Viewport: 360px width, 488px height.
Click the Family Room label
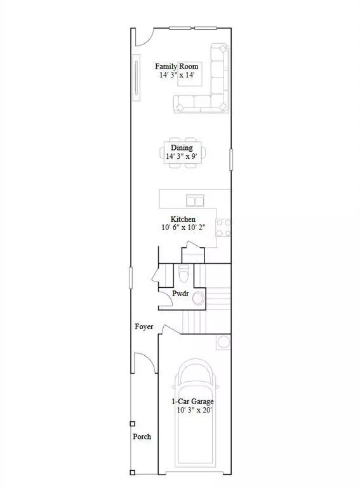pos(177,66)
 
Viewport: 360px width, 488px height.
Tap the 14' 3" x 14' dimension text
pos(177,75)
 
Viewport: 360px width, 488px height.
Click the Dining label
pos(181,147)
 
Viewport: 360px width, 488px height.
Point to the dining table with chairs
pos(182,153)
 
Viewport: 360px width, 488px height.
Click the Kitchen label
pos(183,219)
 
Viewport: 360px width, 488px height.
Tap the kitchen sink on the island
pos(195,201)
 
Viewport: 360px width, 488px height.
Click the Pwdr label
pos(182,294)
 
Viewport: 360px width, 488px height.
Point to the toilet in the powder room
pos(183,274)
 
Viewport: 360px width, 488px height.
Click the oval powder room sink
pos(199,297)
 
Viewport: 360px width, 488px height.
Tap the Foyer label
pos(144,327)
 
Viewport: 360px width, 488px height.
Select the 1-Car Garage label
pos(192,402)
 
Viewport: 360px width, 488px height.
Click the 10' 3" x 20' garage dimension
pos(195,410)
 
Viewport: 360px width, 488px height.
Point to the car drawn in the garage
pos(195,419)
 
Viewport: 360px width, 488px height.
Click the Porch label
pos(142,437)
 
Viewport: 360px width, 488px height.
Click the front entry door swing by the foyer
pos(143,365)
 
